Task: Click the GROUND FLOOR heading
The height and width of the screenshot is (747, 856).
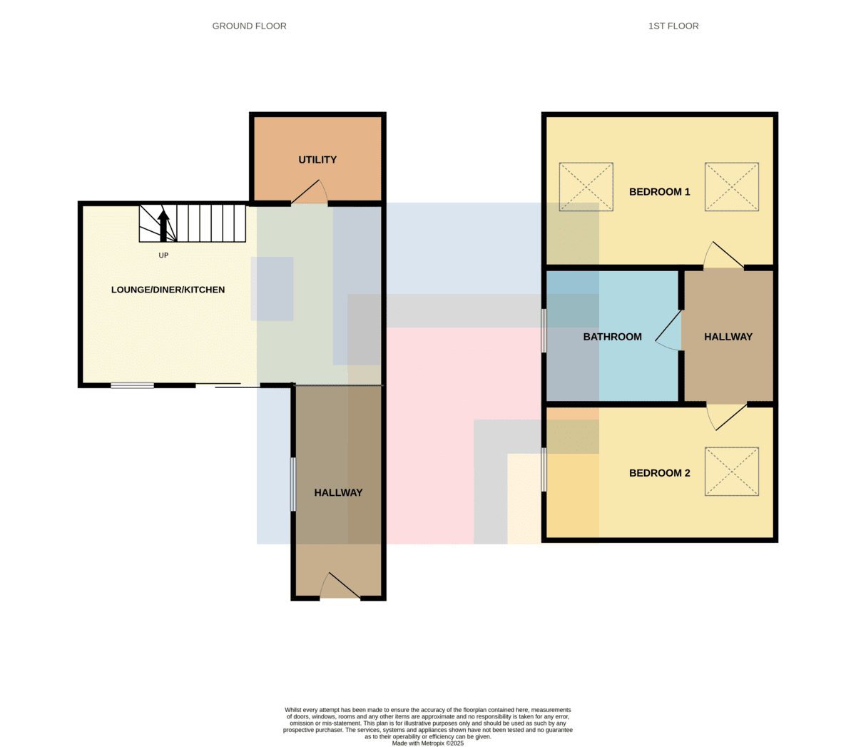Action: click(x=249, y=26)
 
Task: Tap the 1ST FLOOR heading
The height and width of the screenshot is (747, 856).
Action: click(x=673, y=26)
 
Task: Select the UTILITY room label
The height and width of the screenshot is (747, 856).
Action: click(x=317, y=159)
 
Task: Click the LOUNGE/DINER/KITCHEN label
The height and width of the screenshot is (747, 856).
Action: click(x=168, y=290)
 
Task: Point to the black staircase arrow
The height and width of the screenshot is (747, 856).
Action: click(x=163, y=226)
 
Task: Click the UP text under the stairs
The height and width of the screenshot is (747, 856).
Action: click(x=163, y=255)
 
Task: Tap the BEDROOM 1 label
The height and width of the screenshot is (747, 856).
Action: click(x=659, y=192)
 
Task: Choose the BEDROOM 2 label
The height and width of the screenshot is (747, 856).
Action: click(x=659, y=473)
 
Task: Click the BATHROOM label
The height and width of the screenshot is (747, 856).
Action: click(x=612, y=337)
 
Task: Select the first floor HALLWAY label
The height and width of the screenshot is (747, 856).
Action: click(x=728, y=337)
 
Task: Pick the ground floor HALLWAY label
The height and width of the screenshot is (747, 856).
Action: click(x=338, y=492)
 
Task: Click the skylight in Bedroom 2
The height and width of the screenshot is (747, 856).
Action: click(x=731, y=471)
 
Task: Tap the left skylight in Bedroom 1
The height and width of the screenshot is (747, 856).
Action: click(x=586, y=187)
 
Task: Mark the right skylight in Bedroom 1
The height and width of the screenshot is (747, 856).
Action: click(x=731, y=187)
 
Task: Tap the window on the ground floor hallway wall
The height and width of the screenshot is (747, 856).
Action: click(x=293, y=484)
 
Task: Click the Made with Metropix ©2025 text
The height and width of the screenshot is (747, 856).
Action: click(x=427, y=743)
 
